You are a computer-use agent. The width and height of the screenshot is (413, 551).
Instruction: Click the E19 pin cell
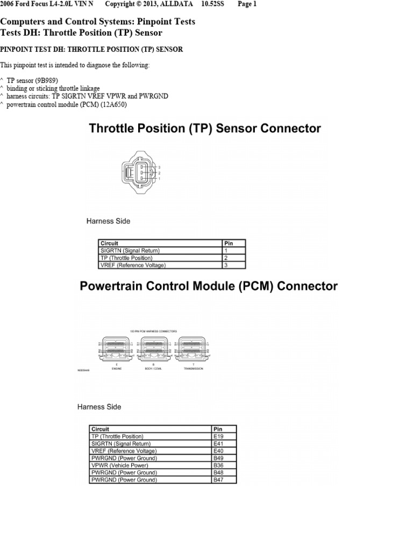point(224,436)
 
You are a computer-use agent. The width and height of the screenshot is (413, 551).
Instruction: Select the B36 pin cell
point(224,465)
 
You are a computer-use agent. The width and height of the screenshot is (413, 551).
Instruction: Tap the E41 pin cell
point(224,443)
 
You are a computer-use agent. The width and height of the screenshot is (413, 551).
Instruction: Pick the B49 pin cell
point(224,458)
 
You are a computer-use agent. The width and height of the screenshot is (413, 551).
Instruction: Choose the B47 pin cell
point(224,479)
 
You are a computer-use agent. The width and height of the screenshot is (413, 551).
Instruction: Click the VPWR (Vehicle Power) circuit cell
point(151,465)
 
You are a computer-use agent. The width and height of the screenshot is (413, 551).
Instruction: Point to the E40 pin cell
point(224,450)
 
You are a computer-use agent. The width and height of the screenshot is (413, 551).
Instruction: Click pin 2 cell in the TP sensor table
point(233,258)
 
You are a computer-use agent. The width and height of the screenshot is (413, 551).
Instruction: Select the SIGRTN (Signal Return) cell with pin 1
point(160,250)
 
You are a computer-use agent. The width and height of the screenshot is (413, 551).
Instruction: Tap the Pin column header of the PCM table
point(224,429)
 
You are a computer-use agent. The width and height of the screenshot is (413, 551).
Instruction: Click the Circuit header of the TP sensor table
point(160,243)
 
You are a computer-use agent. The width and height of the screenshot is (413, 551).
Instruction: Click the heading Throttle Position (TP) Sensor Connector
point(204,129)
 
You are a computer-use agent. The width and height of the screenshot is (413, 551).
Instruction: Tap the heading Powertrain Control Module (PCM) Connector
point(209,286)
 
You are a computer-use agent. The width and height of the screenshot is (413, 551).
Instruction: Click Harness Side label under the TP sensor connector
point(108,221)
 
